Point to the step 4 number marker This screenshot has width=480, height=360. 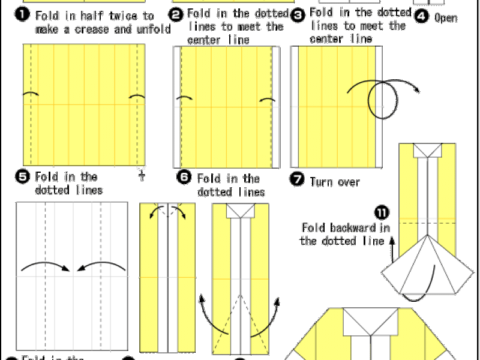(422, 16)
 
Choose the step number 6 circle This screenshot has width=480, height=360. (184, 178)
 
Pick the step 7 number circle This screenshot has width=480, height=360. (298, 179)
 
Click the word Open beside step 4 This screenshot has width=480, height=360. (446, 18)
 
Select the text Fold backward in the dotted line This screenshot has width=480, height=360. (346, 234)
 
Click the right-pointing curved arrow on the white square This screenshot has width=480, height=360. (44, 264)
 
